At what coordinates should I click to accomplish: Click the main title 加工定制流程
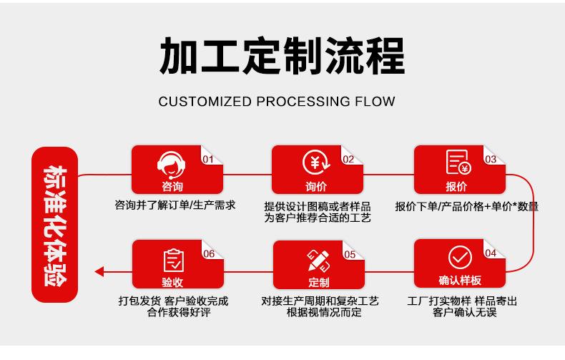click(282, 56)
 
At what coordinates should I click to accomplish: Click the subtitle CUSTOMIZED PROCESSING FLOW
click(277, 101)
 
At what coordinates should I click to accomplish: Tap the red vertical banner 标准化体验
click(54, 225)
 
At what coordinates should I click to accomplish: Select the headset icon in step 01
click(171, 164)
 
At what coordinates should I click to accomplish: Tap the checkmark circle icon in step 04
click(459, 258)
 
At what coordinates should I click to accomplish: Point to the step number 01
click(208, 159)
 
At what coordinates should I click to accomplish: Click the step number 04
click(491, 253)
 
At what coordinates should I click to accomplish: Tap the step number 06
click(209, 253)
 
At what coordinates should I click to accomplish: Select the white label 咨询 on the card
click(172, 187)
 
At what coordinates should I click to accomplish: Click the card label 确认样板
click(459, 280)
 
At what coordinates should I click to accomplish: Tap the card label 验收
click(172, 281)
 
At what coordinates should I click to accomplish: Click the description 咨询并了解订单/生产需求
click(175, 205)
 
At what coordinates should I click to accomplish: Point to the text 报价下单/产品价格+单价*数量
click(466, 207)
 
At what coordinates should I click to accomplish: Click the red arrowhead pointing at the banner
click(99, 271)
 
